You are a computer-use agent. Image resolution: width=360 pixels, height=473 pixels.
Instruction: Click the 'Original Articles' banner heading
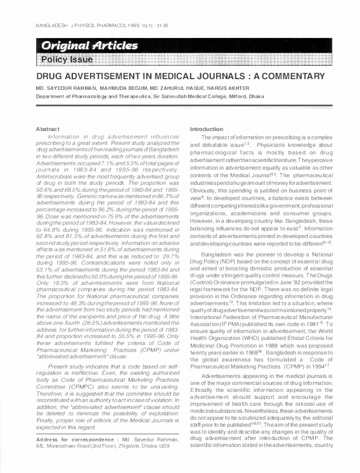coord(89,46)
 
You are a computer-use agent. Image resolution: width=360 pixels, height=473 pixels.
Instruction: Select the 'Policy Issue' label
coord(66,60)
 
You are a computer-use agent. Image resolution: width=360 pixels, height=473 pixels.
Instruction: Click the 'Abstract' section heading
coord(41,129)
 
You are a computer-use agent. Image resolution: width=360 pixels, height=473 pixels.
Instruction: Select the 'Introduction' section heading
coord(207,129)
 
